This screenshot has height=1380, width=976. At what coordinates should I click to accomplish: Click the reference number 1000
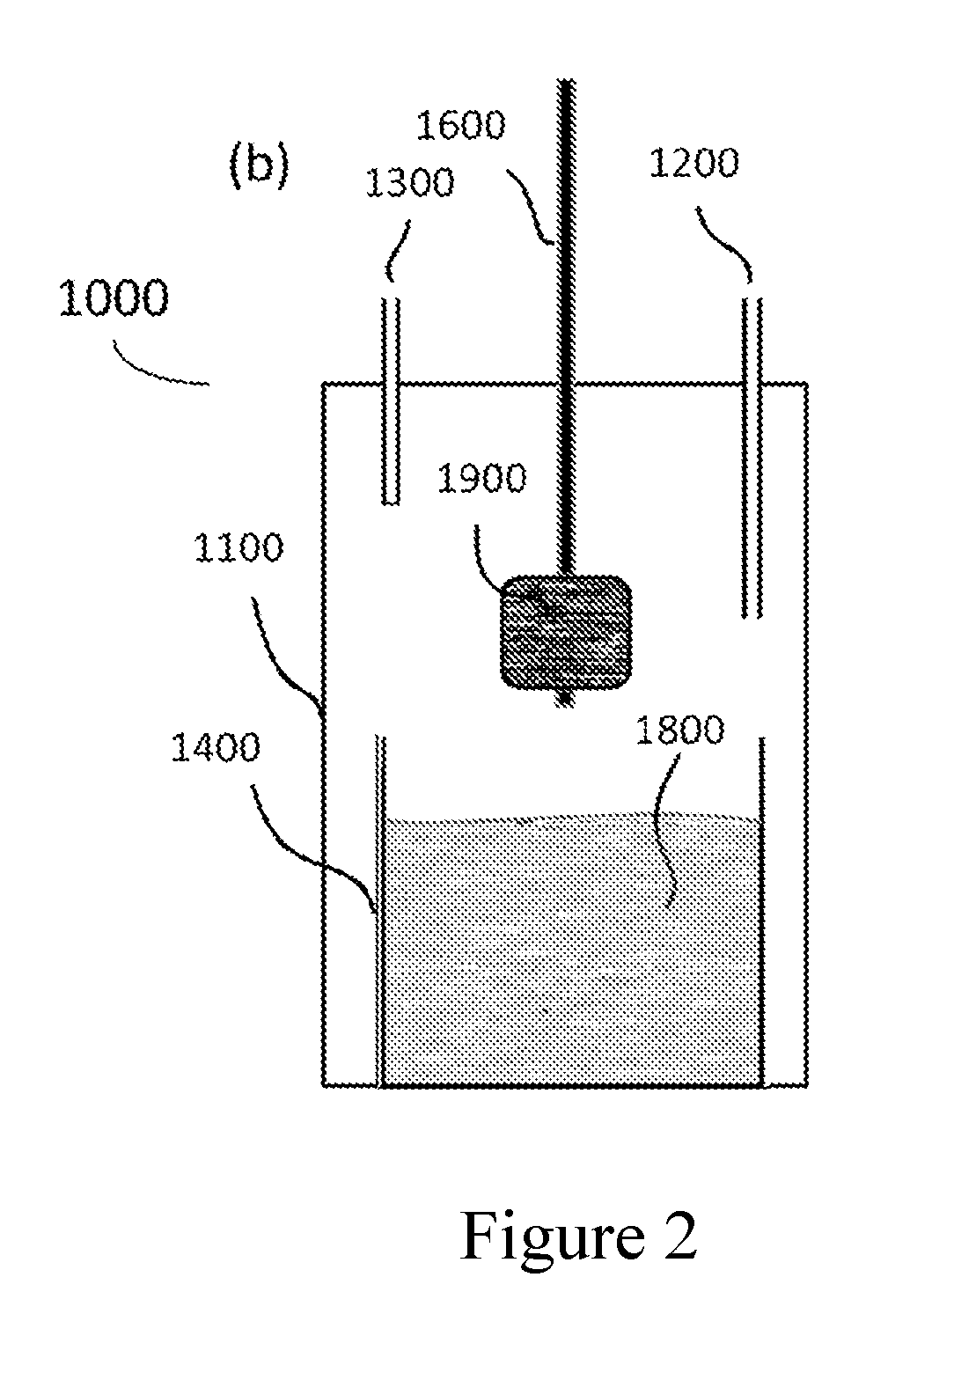click(x=114, y=297)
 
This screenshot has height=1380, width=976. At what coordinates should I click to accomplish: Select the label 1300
click(x=410, y=183)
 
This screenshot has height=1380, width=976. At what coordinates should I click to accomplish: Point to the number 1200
click(x=693, y=164)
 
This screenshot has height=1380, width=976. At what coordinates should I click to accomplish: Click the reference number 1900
click(x=482, y=478)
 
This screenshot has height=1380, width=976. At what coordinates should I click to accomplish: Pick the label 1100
click(x=238, y=547)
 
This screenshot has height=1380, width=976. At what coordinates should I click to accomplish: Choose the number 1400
click(x=216, y=748)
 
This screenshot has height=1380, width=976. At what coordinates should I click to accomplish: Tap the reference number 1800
click(x=679, y=730)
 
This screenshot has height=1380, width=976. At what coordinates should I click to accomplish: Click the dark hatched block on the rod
click(x=566, y=632)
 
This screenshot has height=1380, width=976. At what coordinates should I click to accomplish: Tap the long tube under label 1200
click(x=752, y=458)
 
